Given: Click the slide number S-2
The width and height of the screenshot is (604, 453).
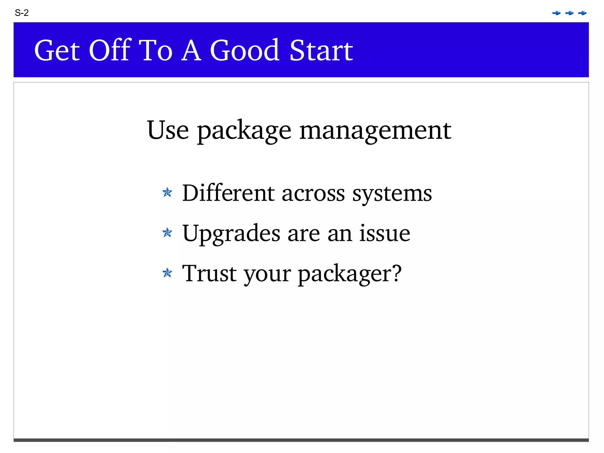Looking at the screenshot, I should point(22,13).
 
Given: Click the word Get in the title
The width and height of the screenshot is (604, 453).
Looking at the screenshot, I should point(57,50).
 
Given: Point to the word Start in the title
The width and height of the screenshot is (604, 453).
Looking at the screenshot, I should point(321,50).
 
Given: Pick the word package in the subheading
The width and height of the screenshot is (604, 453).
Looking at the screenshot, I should point(244,131).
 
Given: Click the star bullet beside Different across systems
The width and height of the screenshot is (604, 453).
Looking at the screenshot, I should point(167,192).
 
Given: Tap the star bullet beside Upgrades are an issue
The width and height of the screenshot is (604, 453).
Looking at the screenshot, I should point(167,233).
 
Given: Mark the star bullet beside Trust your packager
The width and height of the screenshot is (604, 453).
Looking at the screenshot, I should point(167,273).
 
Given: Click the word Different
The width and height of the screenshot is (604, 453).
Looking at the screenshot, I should point(228,193).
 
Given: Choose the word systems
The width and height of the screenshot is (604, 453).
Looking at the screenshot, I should point(392,194).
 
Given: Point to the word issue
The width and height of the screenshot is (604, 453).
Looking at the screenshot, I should point(385,233).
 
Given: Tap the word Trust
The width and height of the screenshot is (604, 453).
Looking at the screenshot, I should point(209,273).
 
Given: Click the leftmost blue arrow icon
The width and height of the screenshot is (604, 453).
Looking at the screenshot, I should point(556,13).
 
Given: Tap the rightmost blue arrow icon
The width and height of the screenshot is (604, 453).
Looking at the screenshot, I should point(582,13).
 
